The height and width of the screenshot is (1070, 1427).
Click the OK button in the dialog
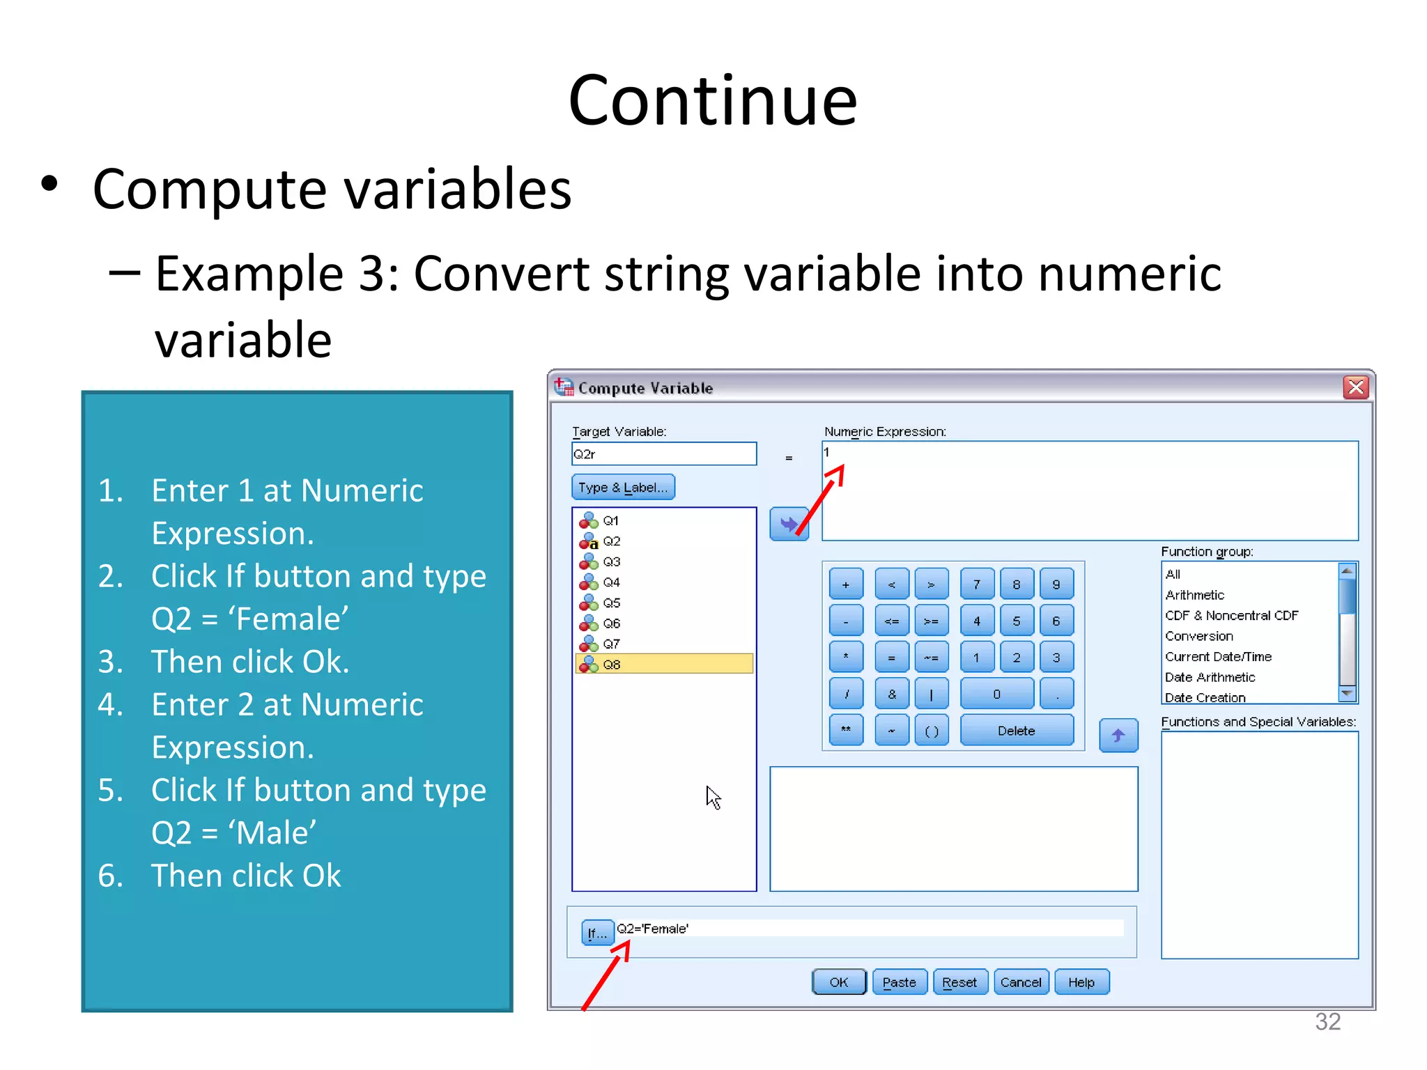(839, 982)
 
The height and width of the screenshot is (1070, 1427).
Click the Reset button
(959, 982)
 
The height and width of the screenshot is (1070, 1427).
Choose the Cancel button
(1021, 982)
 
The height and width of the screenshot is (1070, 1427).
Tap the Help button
(1081, 982)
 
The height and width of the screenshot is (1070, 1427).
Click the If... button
(596, 932)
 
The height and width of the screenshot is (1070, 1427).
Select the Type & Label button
(623, 488)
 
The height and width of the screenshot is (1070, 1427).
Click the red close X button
(1356, 387)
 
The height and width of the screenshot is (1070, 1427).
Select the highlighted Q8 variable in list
(663, 665)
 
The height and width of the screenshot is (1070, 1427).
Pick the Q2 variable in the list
(611, 541)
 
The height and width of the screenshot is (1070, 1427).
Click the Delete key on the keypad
(1016, 731)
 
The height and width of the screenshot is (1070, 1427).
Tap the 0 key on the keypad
(996, 694)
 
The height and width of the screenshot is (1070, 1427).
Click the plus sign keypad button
(846, 584)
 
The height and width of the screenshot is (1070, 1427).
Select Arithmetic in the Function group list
(1194, 595)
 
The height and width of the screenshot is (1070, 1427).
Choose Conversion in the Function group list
(1198, 636)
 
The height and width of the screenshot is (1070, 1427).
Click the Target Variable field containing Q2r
(663, 454)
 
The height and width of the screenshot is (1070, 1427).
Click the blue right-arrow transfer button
(789, 524)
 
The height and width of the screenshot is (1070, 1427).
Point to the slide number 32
(1327, 1021)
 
